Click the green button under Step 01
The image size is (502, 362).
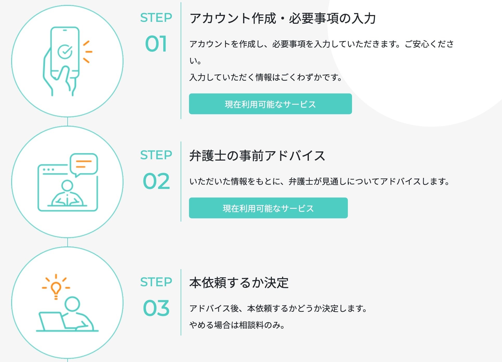click(270, 104)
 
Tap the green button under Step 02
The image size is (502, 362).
click(268, 208)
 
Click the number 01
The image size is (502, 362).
click(156, 44)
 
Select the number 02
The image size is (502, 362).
click(156, 181)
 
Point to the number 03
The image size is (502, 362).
click(156, 308)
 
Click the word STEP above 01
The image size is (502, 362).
click(156, 18)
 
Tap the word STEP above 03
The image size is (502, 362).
click(156, 282)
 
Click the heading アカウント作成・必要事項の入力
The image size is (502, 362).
click(283, 18)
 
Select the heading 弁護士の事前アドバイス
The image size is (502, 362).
click(257, 156)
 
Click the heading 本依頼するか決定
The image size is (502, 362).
click(239, 283)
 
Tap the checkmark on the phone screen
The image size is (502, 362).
click(65, 51)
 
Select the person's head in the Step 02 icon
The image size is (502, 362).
click(67, 186)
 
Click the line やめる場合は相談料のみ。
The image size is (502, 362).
click(237, 325)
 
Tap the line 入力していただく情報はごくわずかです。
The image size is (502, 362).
click(266, 77)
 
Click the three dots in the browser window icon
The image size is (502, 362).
click(49, 170)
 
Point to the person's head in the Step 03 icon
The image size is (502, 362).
click(72, 304)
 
